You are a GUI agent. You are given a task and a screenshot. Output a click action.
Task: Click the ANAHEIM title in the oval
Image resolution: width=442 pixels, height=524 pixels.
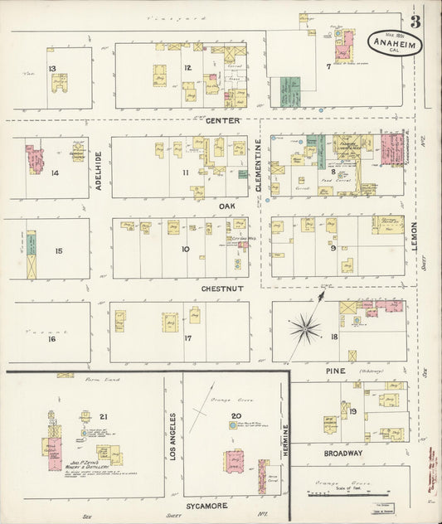[x=391, y=44]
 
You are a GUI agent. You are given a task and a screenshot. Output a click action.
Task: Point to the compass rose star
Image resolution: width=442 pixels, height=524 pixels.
[x=305, y=329]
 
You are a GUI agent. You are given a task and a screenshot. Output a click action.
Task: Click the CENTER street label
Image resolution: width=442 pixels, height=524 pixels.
[x=222, y=121]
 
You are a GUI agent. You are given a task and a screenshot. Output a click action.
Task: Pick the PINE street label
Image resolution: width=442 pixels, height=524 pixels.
[x=335, y=371]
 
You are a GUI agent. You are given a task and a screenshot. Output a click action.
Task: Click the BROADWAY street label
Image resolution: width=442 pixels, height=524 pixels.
[x=343, y=454]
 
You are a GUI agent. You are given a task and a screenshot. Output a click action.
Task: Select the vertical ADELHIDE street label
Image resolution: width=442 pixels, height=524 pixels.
[x=98, y=172]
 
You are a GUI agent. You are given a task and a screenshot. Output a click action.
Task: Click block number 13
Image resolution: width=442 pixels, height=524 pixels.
[x=51, y=69]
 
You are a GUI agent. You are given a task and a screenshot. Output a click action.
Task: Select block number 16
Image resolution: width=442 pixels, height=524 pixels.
[x=51, y=339]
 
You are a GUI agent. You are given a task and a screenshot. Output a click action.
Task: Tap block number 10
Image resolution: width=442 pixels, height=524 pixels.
[x=185, y=249]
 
